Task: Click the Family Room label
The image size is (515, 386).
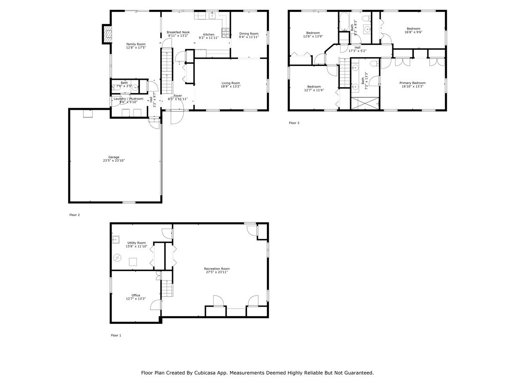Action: pos(136,44)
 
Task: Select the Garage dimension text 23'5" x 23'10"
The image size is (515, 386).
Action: pos(114,161)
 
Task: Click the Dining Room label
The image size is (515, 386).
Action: pos(249,34)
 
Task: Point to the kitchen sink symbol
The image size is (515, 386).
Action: pos(212,16)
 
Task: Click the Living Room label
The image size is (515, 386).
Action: pos(230,83)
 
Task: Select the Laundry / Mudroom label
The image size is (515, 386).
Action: pos(128,99)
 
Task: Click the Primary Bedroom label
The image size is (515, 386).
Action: pos(412,83)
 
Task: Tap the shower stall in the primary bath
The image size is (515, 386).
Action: pos(365,103)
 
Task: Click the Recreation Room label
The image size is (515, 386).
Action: pos(217,269)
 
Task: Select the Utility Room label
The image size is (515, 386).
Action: pos(136,243)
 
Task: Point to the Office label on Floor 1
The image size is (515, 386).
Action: pos(136,295)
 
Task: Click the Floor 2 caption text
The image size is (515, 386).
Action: pos(74,215)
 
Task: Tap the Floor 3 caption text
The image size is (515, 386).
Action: pos(294,123)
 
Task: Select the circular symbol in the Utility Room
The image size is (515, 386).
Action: pos(118,258)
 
